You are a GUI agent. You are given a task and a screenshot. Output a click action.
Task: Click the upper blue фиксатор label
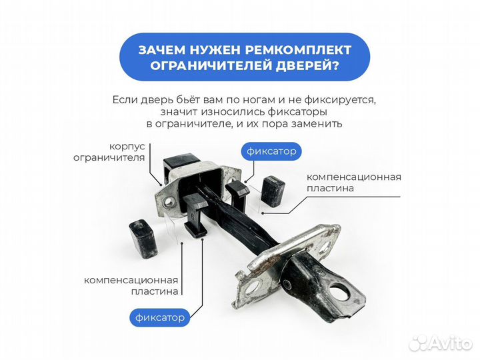(x=271, y=151)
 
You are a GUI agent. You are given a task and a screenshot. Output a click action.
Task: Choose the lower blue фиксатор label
(x=159, y=317)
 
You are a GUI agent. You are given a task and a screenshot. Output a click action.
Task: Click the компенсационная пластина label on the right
(x=353, y=182)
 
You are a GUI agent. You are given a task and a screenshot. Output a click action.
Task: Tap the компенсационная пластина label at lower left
(x=131, y=285)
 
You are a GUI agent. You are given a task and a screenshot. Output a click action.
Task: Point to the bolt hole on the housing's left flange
(x=165, y=199)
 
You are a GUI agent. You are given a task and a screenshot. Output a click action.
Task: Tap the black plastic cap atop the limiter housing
(x=182, y=163)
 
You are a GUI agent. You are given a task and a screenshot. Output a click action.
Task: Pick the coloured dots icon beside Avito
(x=419, y=343)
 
